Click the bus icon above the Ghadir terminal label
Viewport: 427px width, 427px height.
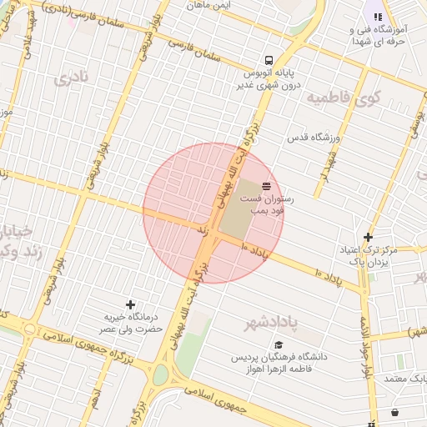[x=269, y=61]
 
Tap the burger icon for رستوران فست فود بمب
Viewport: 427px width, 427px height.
[x=266, y=184]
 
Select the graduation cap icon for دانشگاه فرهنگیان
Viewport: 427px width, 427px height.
[x=279, y=344]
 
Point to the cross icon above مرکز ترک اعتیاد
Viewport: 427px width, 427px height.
[x=368, y=237]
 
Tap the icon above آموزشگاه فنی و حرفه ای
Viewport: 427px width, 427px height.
[x=377, y=16]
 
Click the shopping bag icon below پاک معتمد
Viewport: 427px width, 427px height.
[x=394, y=412]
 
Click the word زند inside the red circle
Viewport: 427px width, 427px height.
[x=201, y=227]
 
